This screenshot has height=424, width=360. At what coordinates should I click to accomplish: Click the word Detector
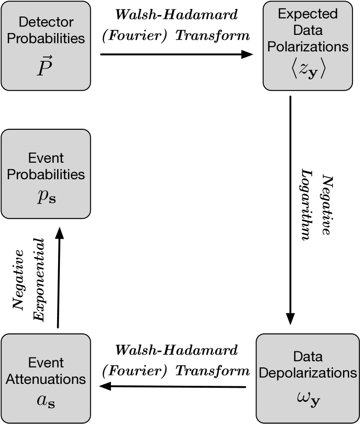coord(46,22)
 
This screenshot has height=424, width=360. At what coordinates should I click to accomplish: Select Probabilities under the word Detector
coord(46,38)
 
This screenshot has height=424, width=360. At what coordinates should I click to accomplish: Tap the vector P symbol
coord(45,67)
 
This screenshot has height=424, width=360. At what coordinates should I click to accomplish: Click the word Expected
coord(308,14)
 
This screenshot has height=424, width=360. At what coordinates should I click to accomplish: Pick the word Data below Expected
coord(308,30)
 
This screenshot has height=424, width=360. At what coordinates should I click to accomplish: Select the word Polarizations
coord(308,47)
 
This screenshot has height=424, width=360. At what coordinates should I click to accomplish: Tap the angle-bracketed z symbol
coord(308,69)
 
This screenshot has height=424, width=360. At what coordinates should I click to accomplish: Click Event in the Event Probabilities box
coord(46,158)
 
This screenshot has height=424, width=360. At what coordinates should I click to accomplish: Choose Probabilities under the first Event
coord(46,174)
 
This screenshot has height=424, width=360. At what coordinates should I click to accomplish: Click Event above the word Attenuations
coord(46,363)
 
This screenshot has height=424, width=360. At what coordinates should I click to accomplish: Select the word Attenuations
coord(46,379)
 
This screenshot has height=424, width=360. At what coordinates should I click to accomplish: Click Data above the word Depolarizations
coord(308,357)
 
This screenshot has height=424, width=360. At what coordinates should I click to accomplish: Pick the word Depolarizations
coord(308,373)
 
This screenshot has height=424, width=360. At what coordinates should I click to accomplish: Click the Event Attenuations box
coord(46,345)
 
